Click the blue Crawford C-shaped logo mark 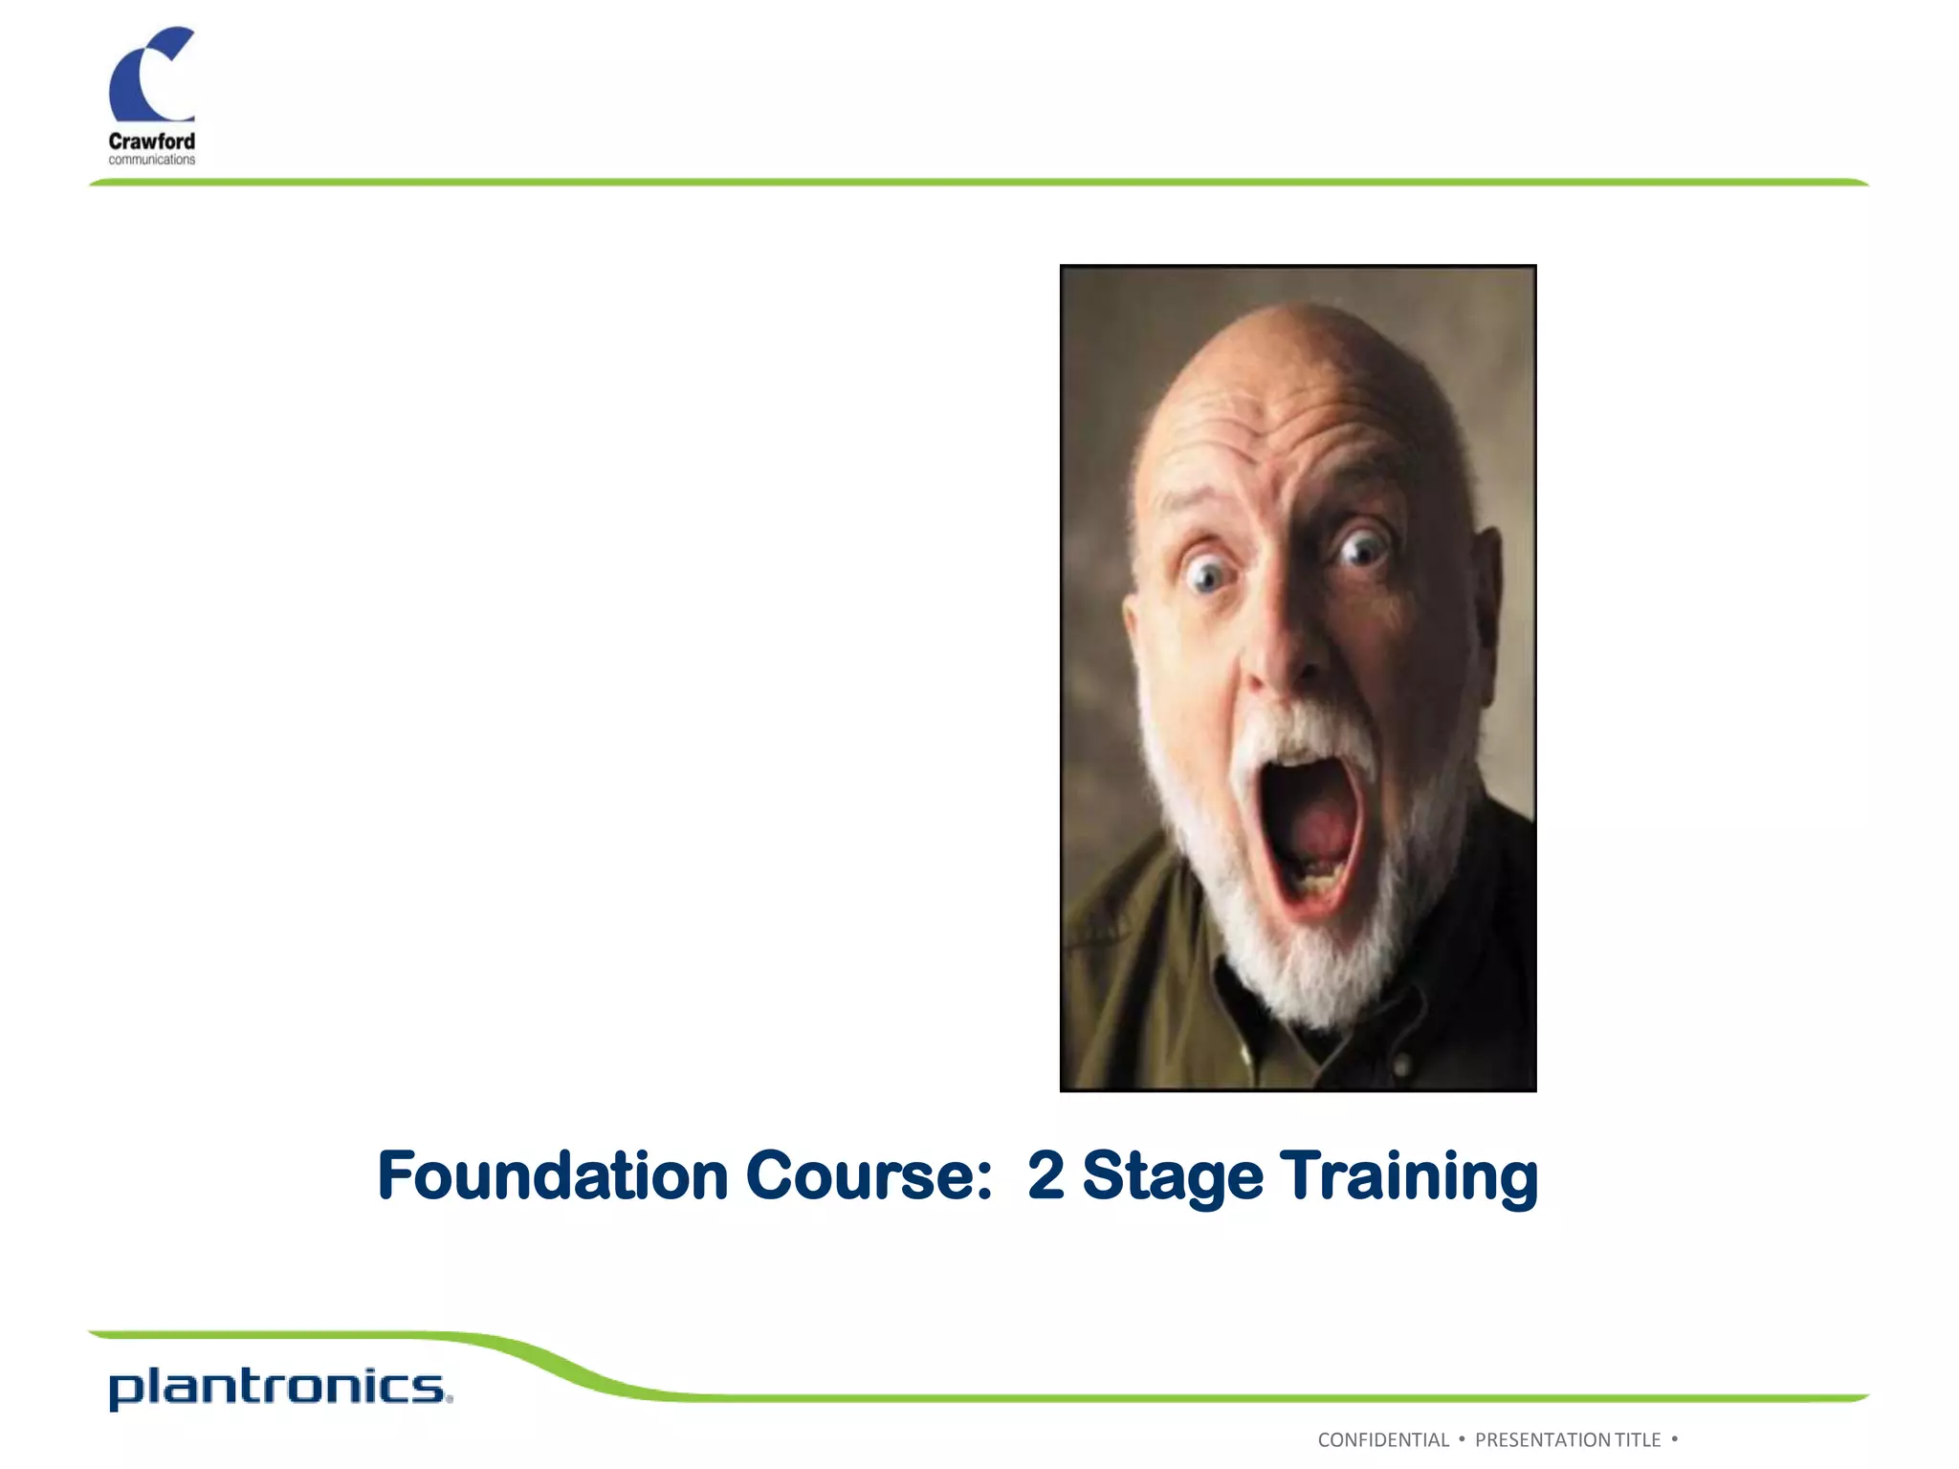pos(143,77)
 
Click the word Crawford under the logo pos(151,142)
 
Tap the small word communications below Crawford pos(151,160)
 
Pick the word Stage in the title pos(1173,1177)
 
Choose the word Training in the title pos(1409,1177)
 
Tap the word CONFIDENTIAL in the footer pos(1383,1440)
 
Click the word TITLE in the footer pos(1638,1440)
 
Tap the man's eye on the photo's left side pos(1208,575)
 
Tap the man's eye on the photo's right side pos(1362,549)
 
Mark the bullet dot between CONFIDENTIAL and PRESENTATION pos(1462,1438)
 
